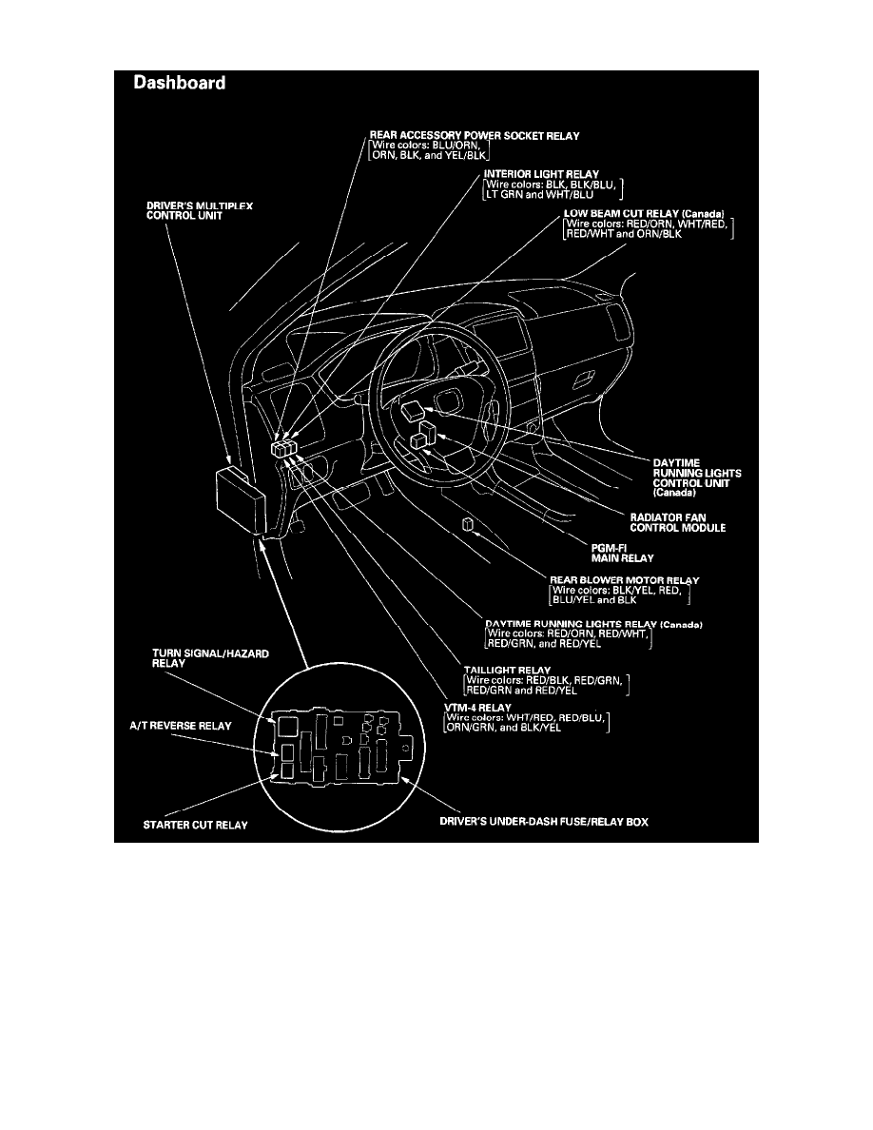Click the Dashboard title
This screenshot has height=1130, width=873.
click(x=179, y=84)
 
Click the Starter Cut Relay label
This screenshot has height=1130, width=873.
click(x=195, y=825)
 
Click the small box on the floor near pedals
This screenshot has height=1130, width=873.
click(x=466, y=525)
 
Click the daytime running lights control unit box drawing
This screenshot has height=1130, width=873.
click(x=415, y=411)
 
